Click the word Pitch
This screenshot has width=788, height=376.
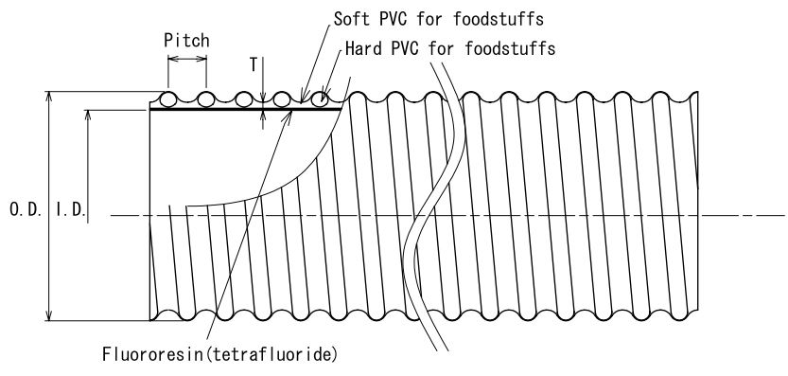click(186, 41)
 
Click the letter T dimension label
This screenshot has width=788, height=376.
click(254, 65)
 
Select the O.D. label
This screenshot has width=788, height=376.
click(26, 209)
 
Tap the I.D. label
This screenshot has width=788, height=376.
click(69, 209)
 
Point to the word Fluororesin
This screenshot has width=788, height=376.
click(154, 354)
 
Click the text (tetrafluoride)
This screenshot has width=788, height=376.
click(271, 354)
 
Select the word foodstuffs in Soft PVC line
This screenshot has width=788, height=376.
click(499, 19)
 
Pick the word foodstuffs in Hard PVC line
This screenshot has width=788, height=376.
click(510, 49)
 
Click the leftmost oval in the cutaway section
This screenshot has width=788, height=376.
click(167, 99)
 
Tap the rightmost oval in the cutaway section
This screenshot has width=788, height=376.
click(320, 99)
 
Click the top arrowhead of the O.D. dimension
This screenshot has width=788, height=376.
click(49, 97)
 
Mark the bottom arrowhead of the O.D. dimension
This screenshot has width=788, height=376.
click(49, 315)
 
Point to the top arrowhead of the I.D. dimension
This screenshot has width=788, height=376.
click(87, 115)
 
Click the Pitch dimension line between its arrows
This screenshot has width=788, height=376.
click(187, 59)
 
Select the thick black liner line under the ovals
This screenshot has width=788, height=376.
click(246, 109)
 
